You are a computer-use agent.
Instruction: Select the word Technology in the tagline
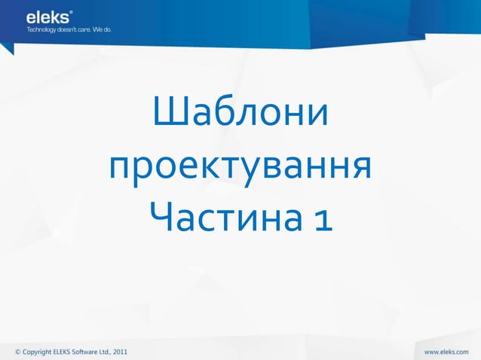point(42,30)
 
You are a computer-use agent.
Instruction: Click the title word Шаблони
point(240,114)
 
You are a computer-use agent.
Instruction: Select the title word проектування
point(240,166)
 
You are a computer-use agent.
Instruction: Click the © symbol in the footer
point(19,351)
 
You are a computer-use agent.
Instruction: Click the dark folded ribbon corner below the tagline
point(7,48)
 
